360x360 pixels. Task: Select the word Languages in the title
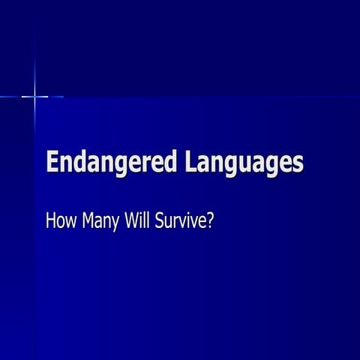[x=242, y=163]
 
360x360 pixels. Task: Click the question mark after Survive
[x=211, y=221]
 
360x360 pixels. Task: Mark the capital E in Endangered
[x=52, y=162]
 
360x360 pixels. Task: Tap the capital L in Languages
[x=189, y=162]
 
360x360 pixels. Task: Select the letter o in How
[x=61, y=223]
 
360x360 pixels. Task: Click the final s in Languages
[x=298, y=164]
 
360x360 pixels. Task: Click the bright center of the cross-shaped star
[x=34, y=96]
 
